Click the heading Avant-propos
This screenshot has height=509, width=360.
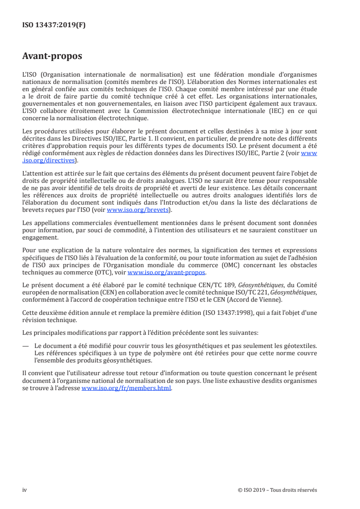[x=52, y=57]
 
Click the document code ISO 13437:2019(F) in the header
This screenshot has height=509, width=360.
[x=54, y=25]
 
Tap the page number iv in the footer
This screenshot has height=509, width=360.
[x=25, y=490]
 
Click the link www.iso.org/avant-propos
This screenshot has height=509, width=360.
[x=167, y=273]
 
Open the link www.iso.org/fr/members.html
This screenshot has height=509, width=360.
[x=127, y=389]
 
